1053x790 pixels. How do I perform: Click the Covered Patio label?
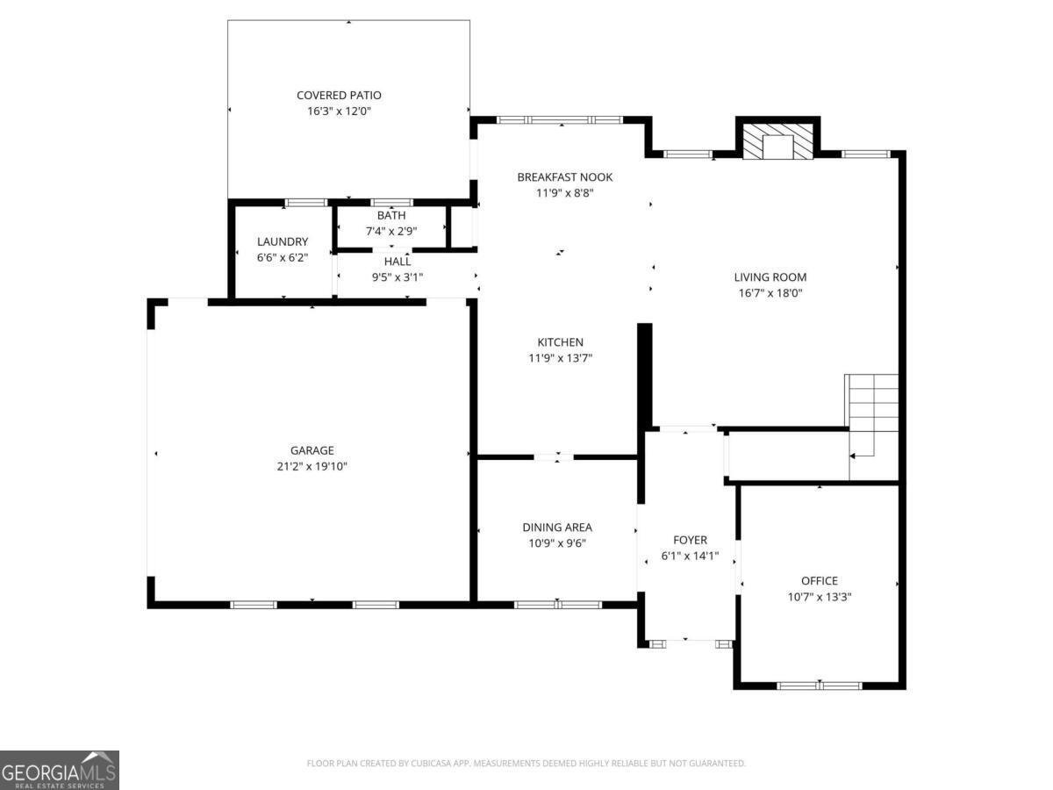click(x=339, y=95)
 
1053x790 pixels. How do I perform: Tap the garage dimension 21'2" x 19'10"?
click(x=313, y=466)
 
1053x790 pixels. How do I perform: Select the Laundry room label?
click(x=282, y=241)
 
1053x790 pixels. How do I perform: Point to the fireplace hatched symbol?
click(x=777, y=142)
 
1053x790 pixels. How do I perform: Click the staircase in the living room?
click(x=872, y=413)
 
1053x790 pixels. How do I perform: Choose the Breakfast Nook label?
click(x=564, y=176)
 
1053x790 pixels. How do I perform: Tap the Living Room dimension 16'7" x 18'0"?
click(x=770, y=293)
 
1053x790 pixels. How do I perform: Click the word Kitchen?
click(x=560, y=341)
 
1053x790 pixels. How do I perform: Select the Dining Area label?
click(x=556, y=527)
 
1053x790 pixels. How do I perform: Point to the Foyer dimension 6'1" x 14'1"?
click(x=690, y=556)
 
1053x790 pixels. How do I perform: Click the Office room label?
click(x=819, y=580)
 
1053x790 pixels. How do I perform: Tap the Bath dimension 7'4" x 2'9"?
click(x=391, y=231)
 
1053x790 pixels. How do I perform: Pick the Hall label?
click(x=397, y=261)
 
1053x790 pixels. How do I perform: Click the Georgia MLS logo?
click(x=60, y=770)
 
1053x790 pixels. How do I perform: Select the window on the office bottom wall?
click(x=820, y=686)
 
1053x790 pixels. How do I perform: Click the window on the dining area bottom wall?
click(x=557, y=604)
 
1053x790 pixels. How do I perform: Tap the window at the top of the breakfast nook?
click(x=559, y=119)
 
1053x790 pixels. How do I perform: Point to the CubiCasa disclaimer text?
click(x=526, y=764)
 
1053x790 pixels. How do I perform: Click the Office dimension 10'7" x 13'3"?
click(x=819, y=596)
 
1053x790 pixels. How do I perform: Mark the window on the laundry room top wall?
click(x=306, y=203)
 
